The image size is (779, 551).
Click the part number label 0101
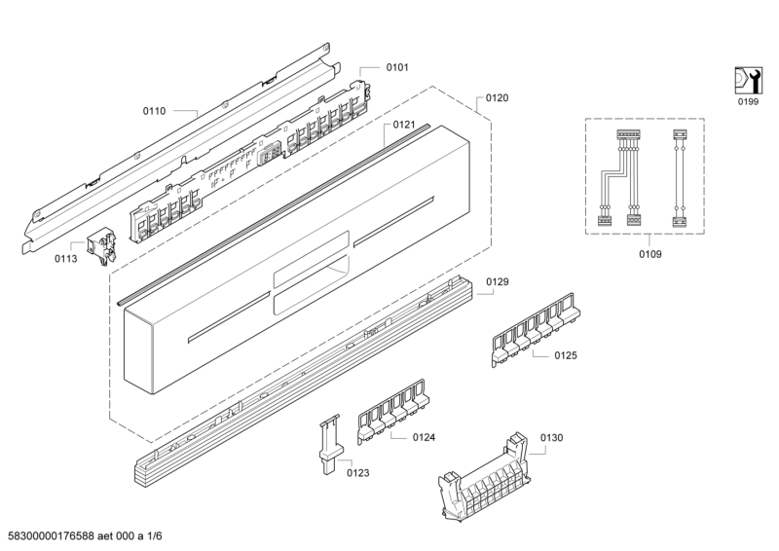point(397,67)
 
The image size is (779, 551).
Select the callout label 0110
point(155,111)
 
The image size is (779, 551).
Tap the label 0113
point(66,258)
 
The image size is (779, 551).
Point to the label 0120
point(497,98)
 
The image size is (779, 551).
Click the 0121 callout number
point(404,125)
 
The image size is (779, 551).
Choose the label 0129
point(498,281)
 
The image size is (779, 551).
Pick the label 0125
point(566,355)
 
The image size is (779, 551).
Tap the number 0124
point(424,437)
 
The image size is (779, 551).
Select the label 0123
point(358,472)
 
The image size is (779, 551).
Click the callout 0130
point(551,438)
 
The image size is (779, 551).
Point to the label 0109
point(650,254)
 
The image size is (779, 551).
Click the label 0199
point(748,102)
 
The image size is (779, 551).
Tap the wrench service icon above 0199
point(748,80)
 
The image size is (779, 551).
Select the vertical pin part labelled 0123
point(329,444)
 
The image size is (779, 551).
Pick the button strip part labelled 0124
point(393,412)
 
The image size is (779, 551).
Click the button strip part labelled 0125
point(536,330)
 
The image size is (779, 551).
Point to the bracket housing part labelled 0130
point(484,478)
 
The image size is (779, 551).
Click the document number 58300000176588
point(48,536)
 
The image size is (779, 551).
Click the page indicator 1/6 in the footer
point(155,536)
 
